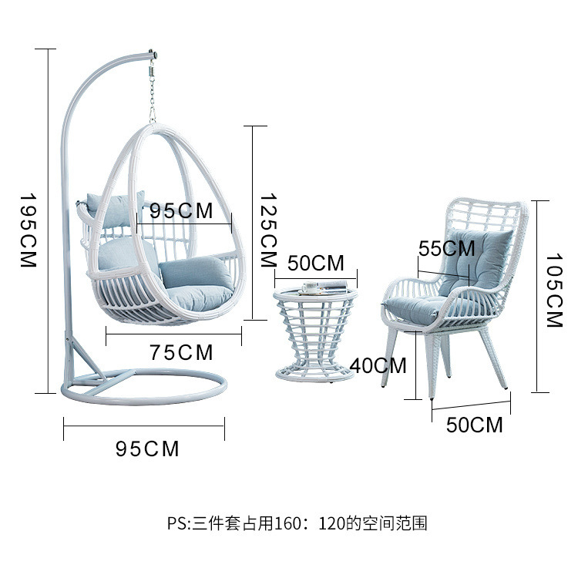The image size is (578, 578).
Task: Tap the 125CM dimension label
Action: click(267, 230)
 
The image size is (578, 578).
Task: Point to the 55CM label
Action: click(447, 248)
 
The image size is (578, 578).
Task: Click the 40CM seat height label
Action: click(377, 365)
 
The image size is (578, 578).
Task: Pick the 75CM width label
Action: click(180, 353)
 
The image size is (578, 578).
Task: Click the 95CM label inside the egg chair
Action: click(183, 210)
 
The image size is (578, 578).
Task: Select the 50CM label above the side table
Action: click(315, 263)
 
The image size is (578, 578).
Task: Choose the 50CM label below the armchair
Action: click(474, 425)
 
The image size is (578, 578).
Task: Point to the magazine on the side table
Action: click(324, 288)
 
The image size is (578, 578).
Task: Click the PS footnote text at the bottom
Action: click(297, 523)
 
